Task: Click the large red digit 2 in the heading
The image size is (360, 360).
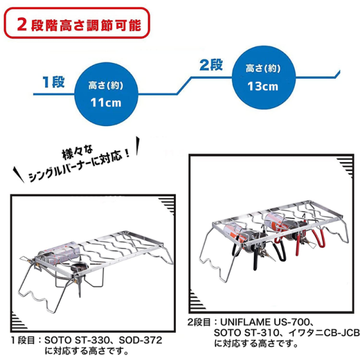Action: [x=21, y=25]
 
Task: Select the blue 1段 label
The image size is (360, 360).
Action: [x=53, y=81]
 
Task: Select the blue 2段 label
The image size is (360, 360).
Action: [x=211, y=64]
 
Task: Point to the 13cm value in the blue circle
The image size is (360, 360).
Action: [x=263, y=86]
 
